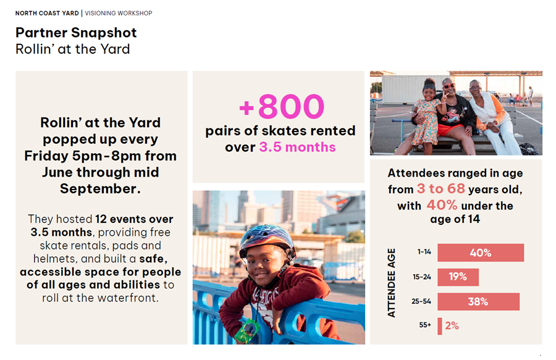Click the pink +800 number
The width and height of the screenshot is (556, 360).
[282, 106]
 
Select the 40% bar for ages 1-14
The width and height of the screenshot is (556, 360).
[481, 253]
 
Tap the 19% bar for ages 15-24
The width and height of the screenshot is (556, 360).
[458, 277]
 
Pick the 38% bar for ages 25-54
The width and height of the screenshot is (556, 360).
[478, 301]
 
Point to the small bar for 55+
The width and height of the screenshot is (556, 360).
[440, 326]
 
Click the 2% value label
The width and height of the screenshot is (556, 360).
[452, 325]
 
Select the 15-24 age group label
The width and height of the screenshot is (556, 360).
[421, 277]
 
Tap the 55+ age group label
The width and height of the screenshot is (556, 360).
[425, 325]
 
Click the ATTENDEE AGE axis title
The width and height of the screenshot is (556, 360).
[391, 283]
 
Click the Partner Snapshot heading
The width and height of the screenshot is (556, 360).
[76, 33]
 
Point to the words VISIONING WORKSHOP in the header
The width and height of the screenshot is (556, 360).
[119, 13]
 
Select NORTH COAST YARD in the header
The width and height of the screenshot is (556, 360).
[47, 13]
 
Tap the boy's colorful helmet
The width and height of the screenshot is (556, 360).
[267, 240]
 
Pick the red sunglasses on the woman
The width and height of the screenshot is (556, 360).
[449, 86]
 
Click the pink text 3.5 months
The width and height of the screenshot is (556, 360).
[297, 147]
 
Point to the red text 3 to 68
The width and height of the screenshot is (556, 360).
[440, 188]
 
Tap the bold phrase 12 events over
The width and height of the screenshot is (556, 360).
[135, 219]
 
